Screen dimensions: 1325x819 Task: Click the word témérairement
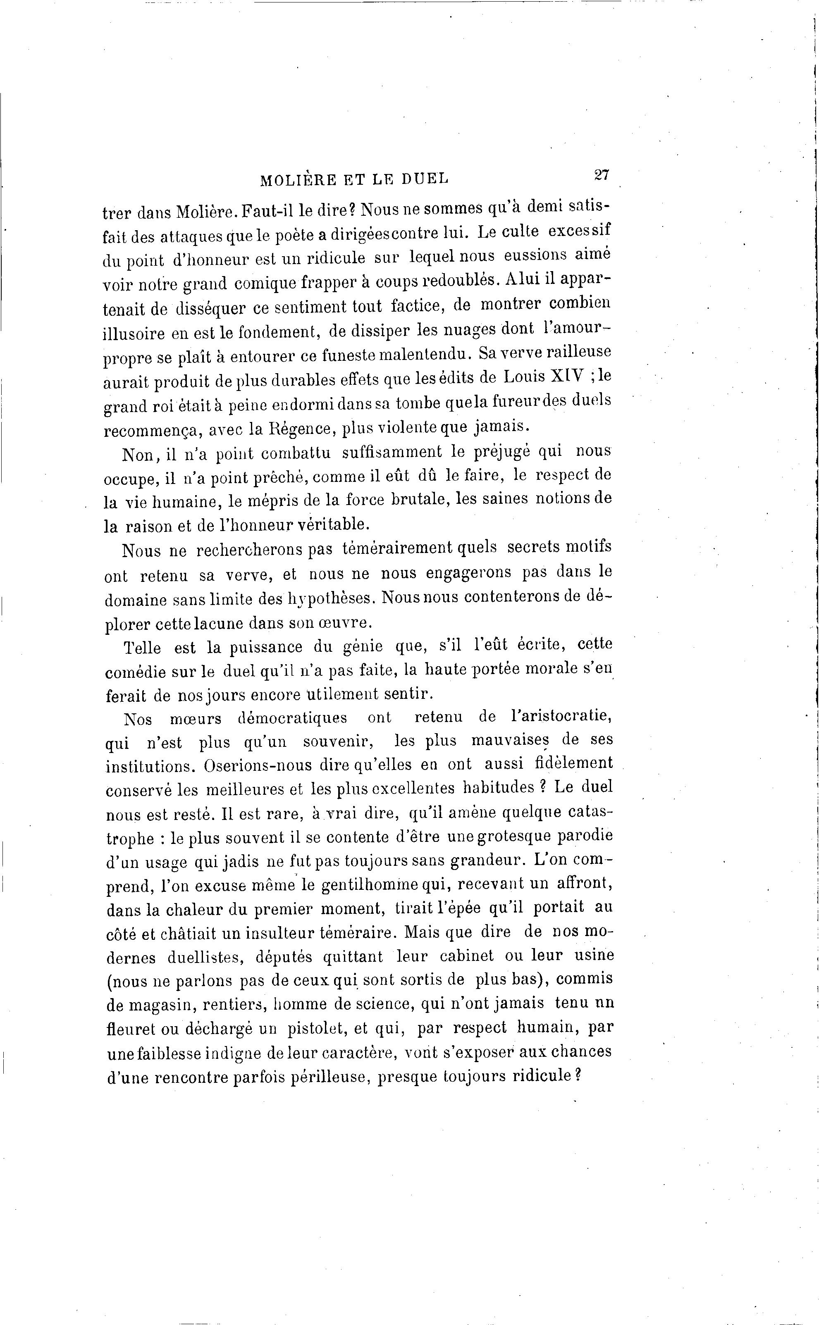tap(398, 548)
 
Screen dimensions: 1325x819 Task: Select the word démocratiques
tap(293, 719)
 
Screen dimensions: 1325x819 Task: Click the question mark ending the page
tap(578, 1073)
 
